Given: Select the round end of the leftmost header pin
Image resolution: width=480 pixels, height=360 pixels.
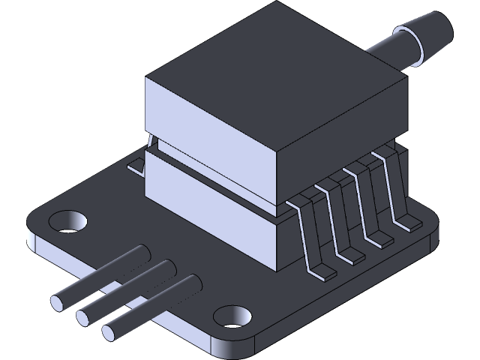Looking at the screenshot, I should [58, 303].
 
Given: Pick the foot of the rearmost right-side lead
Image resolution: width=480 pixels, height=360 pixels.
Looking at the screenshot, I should [407, 223].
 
